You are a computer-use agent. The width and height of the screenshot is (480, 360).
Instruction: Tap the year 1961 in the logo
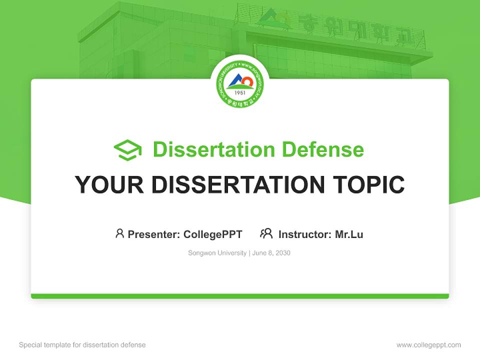[x=240, y=93]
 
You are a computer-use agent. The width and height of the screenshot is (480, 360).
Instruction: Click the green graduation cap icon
[x=127, y=150]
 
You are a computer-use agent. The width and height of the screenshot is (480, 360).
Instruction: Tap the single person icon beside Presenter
[x=119, y=233]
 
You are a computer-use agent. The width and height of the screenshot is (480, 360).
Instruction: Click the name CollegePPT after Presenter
[x=213, y=234]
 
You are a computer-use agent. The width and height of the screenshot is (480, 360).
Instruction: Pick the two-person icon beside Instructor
[x=266, y=233]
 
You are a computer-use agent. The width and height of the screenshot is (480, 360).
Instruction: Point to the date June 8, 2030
[x=271, y=253]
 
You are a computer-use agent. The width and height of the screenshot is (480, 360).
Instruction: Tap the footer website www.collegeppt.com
[x=428, y=345]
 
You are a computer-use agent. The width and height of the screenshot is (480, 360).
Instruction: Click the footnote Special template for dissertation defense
[x=82, y=345]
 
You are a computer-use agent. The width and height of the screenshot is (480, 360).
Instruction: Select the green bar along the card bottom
[x=240, y=296]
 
